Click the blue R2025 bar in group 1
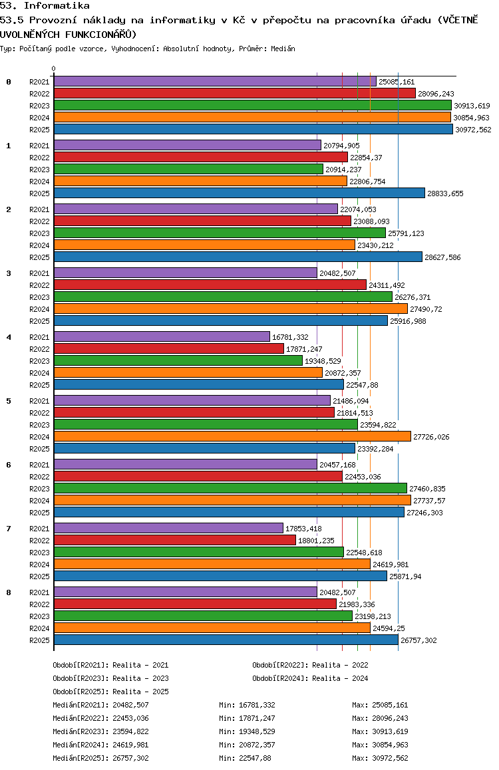(239, 193)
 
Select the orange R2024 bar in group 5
(232, 436)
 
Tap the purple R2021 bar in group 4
(162, 336)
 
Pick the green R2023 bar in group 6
(230, 488)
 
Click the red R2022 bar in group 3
(210, 285)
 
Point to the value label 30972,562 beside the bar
(474, 130)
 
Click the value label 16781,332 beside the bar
(290, 337)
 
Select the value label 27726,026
(431, 437)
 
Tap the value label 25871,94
(405, 577)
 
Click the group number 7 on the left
(9, 529)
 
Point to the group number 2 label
(9, 209)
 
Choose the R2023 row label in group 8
(39, 616)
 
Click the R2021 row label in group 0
(39, 82)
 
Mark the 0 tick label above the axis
(53, 68)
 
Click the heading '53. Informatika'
(45, 6)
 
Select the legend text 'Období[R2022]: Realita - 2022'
(310, 665)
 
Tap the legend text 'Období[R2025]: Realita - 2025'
(110, 692)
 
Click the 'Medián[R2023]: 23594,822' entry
(100, 731)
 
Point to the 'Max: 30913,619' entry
(380, 731)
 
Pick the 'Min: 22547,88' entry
(245, 758)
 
